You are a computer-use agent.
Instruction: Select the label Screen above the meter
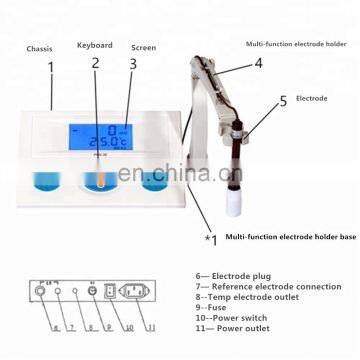(143, 46)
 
